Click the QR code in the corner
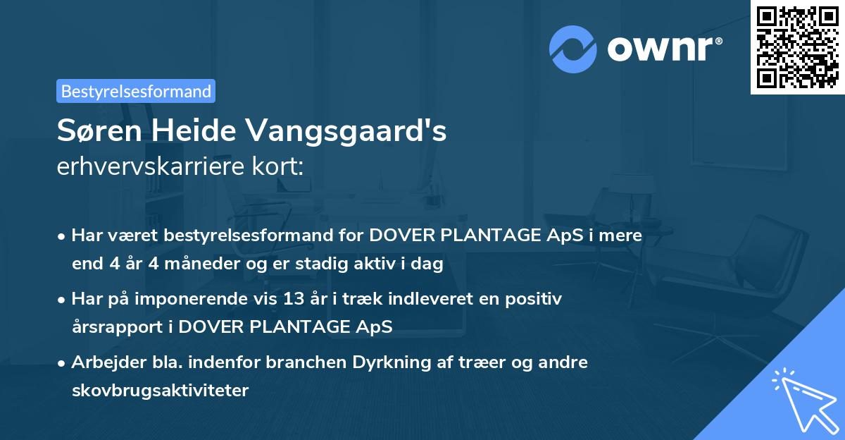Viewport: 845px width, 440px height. [797, 47]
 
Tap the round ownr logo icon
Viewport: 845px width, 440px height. [573, 49]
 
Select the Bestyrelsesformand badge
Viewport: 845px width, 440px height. [136, 91]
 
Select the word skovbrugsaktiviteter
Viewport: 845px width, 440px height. [160, 390]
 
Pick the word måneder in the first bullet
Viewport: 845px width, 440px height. [173, 264]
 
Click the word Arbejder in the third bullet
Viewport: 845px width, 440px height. [103, 362]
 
